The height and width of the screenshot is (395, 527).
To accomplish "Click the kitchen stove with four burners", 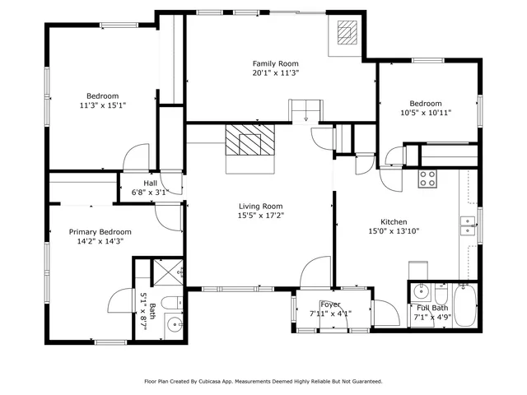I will pos(427,178).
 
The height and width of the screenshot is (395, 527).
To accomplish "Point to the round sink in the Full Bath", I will pos(420,291).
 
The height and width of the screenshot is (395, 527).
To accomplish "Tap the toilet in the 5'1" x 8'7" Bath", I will pos(174,301).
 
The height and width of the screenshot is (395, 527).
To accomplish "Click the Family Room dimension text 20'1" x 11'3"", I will pos(275,72).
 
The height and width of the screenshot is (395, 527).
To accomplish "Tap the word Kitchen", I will pos(393,221).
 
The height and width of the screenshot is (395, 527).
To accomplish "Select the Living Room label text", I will pos(260,206).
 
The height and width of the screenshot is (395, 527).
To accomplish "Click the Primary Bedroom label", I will pos(100,232).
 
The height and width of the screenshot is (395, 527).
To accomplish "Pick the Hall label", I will pos(150,183).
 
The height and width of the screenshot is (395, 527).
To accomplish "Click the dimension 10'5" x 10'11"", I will pos(426,113).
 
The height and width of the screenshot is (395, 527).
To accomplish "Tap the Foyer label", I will pos(330,304).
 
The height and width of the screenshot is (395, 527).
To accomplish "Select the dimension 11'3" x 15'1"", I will pos(103,105).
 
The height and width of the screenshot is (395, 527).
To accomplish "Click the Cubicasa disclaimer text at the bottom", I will pos(263,381).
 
